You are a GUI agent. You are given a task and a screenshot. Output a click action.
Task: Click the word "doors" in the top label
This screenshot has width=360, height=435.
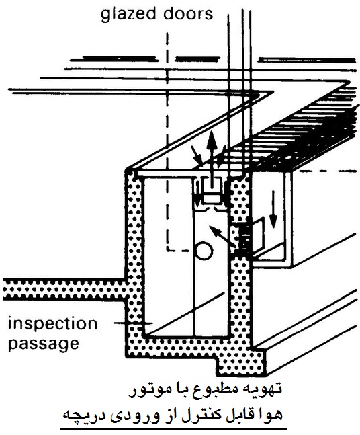pos(188,13)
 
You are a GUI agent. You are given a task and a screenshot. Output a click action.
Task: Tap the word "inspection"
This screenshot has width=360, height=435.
pos(52,323)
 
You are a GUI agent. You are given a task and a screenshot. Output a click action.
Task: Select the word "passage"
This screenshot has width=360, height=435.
pos(44,344)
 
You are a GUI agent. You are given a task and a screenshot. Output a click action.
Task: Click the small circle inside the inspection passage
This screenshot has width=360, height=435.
pos(204,251)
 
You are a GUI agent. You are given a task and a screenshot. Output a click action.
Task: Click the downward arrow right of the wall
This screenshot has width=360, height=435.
pos(273,209)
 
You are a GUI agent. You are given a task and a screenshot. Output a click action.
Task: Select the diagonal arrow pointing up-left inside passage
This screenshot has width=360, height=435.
pos(222,237)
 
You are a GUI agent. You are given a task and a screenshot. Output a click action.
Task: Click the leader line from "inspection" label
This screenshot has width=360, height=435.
pos(133,323)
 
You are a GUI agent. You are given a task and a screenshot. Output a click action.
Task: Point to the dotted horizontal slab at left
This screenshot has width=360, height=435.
pos(64,289)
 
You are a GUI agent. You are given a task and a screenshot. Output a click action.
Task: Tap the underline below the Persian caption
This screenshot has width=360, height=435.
pos(173,429)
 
